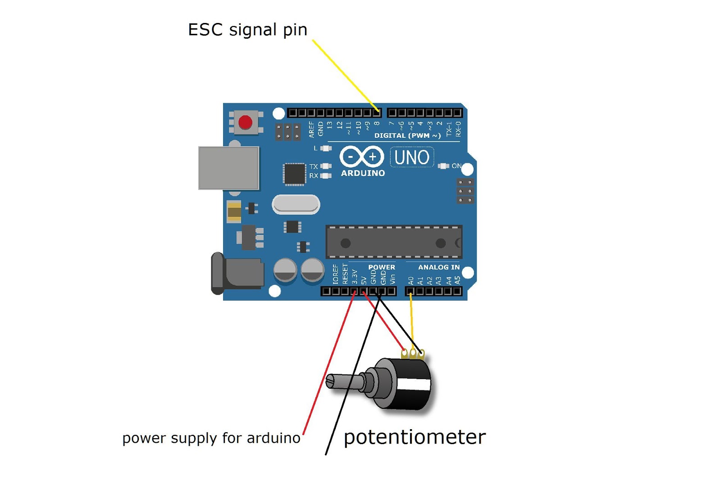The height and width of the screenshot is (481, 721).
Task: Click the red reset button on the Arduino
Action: coord(245,122)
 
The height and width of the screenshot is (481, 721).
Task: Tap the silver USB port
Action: coord(229,168)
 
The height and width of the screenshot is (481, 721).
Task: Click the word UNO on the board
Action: coord(411,157)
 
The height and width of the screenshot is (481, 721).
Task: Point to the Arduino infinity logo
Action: coord(361,157)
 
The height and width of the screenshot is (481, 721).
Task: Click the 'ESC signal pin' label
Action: coord(247,30)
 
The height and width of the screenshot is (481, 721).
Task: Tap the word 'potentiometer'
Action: coord(415,437)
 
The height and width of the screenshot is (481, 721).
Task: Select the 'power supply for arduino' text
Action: coord(211,438)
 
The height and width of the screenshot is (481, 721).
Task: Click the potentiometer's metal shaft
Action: coord(345,382)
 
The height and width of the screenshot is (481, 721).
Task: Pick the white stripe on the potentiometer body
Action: coord(413,384)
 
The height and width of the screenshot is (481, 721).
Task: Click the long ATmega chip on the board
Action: coord(394,243)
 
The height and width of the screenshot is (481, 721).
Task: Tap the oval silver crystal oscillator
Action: coord(296,205)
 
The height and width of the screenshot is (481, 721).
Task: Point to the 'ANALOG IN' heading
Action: coord(438,267)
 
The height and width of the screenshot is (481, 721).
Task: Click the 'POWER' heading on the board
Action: coord(381,267)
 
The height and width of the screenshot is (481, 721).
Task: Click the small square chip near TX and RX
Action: coord(294,174)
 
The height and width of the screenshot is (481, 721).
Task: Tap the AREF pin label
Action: coord(311,129)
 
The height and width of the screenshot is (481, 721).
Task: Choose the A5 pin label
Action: coord(457,280)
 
